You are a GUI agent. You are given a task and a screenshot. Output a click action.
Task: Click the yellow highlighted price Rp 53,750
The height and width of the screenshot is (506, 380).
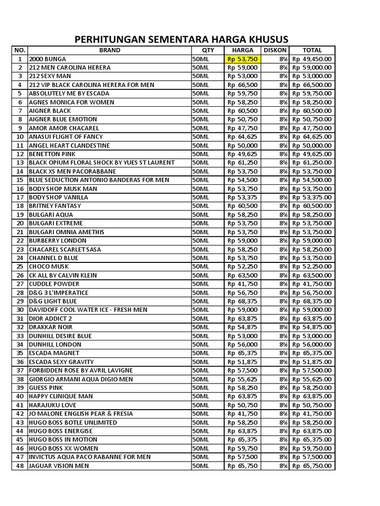pyautogui.click(x=242, y=59)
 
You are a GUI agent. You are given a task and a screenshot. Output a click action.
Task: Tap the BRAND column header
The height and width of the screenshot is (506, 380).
pyautogui.click(x=109, y=50)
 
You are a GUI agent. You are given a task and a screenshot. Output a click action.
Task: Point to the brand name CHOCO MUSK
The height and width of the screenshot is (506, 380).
pyautogui.click(x=49, y=266)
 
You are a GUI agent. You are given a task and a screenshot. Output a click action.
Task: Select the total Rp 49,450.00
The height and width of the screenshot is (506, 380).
pyautogui.click(x=312, y=59)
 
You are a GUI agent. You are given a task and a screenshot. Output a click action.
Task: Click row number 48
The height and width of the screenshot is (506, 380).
pyautogui.click(x=20, y=465)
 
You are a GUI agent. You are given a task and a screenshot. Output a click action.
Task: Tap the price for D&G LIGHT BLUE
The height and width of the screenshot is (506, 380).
pyautogui.click(x=242, y=301)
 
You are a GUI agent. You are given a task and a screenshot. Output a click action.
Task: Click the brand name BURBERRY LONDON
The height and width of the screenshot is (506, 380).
pyautogui.click(x=58, y=241)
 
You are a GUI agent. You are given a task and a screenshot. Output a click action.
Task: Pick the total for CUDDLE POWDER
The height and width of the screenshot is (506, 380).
pyautogui.click(x=312, y=284)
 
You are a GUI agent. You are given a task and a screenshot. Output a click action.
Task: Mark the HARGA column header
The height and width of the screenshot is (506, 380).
pyautogui.click(x=242, y=50)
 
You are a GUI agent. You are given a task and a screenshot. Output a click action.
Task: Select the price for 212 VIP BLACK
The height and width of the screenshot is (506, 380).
pyautogui.click(x=242, y=84)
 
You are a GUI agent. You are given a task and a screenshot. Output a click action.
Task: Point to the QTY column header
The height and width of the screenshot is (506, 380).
pyautogui.click(x=208, y=50)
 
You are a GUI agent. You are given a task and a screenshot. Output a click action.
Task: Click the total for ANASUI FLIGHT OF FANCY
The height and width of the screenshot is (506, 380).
pyautogui.click(x=312, y=136)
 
